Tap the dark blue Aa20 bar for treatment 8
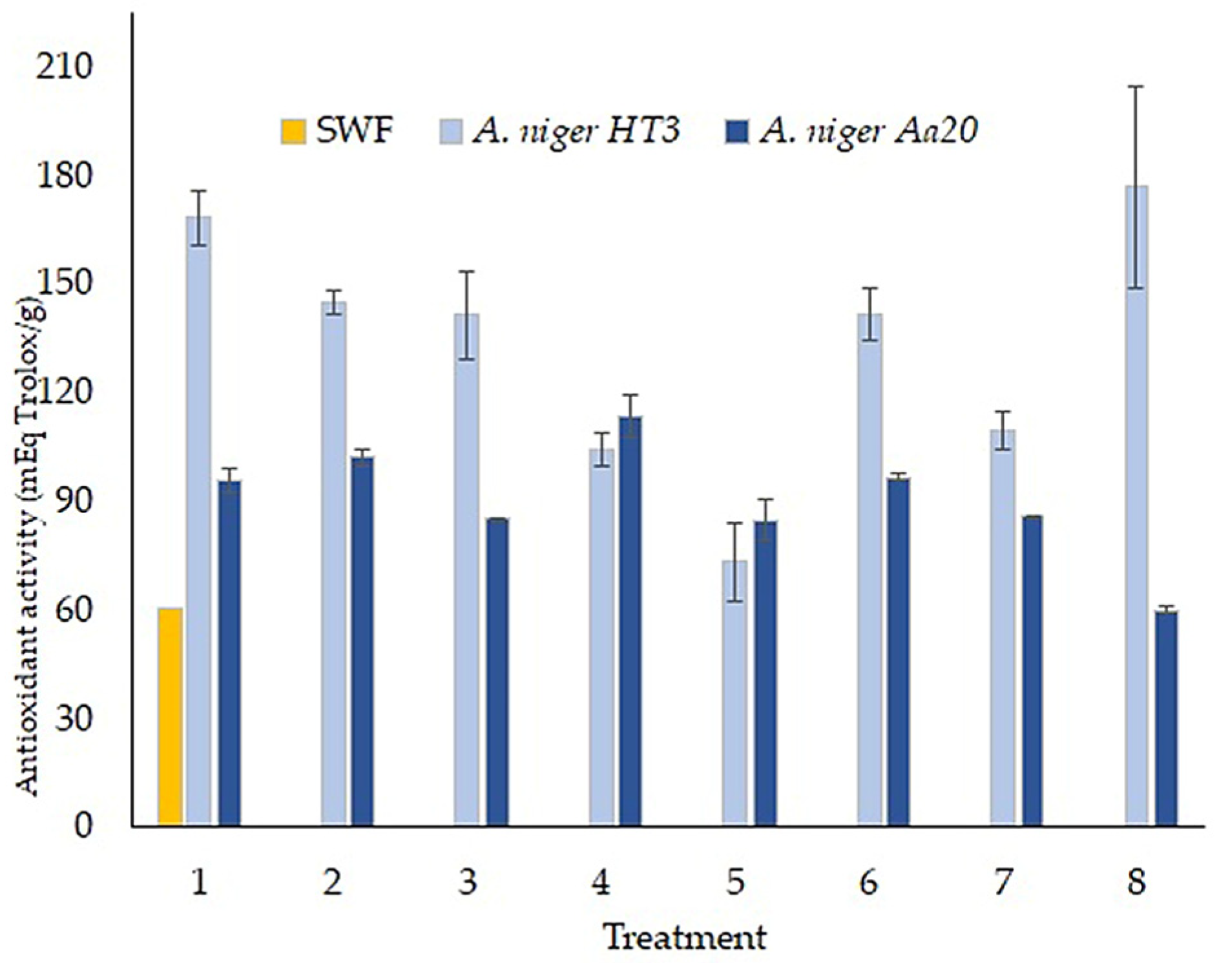[x=1166, y=718]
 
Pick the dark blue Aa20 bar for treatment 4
[x=630, y=620]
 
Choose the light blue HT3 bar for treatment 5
[x=734, y=692]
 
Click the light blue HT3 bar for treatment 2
[x=333, y=563]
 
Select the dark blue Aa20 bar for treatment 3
[x=497, y=672]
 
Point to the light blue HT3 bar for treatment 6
[x=870, y=569]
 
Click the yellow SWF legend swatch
[x=293, y=131]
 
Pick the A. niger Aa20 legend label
[x=868, y=131]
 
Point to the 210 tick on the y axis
[x=65, y=67]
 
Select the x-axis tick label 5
[x=735, y=882]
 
